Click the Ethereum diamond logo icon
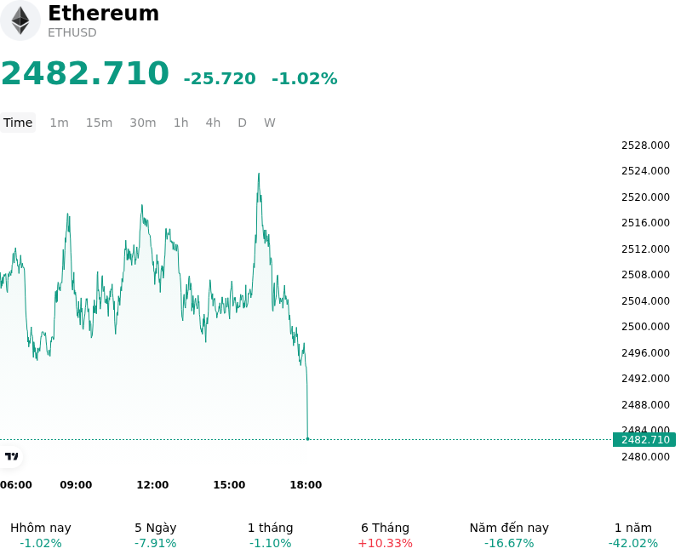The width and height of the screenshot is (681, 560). (x=20, y=20)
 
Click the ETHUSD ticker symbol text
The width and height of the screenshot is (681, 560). (x=72, y=32)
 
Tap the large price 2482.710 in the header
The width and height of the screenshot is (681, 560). (x=85, y=73)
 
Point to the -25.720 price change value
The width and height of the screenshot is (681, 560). (x=220, y=78)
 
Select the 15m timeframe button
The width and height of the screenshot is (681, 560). (x=99, y=123)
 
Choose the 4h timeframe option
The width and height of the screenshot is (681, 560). (x=213, y=123)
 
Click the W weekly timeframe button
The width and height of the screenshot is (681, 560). (x=269, y=123)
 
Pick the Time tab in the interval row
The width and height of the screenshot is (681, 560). (x=18, y=123)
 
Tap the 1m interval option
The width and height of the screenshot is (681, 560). (x=59, y=123)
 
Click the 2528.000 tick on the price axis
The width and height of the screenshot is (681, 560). (x=645, y=146)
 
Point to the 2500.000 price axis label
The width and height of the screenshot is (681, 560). (x=645, y=327)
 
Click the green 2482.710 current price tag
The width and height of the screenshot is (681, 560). (x=644, y=440)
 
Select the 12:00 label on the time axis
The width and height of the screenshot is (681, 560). (x=152, y=485)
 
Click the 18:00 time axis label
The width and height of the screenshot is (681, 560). (x=306, y=485)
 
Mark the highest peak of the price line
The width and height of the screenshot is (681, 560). (x=259, y=174)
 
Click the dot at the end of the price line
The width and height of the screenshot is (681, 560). (x=308, y=439)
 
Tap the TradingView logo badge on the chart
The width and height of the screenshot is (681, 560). (x=11, y=456)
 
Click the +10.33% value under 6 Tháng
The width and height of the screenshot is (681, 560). (x=386, y=544)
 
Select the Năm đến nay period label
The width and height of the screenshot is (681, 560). (x=509, y=528)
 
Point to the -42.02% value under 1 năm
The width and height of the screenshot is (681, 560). (x=633, y=544)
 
